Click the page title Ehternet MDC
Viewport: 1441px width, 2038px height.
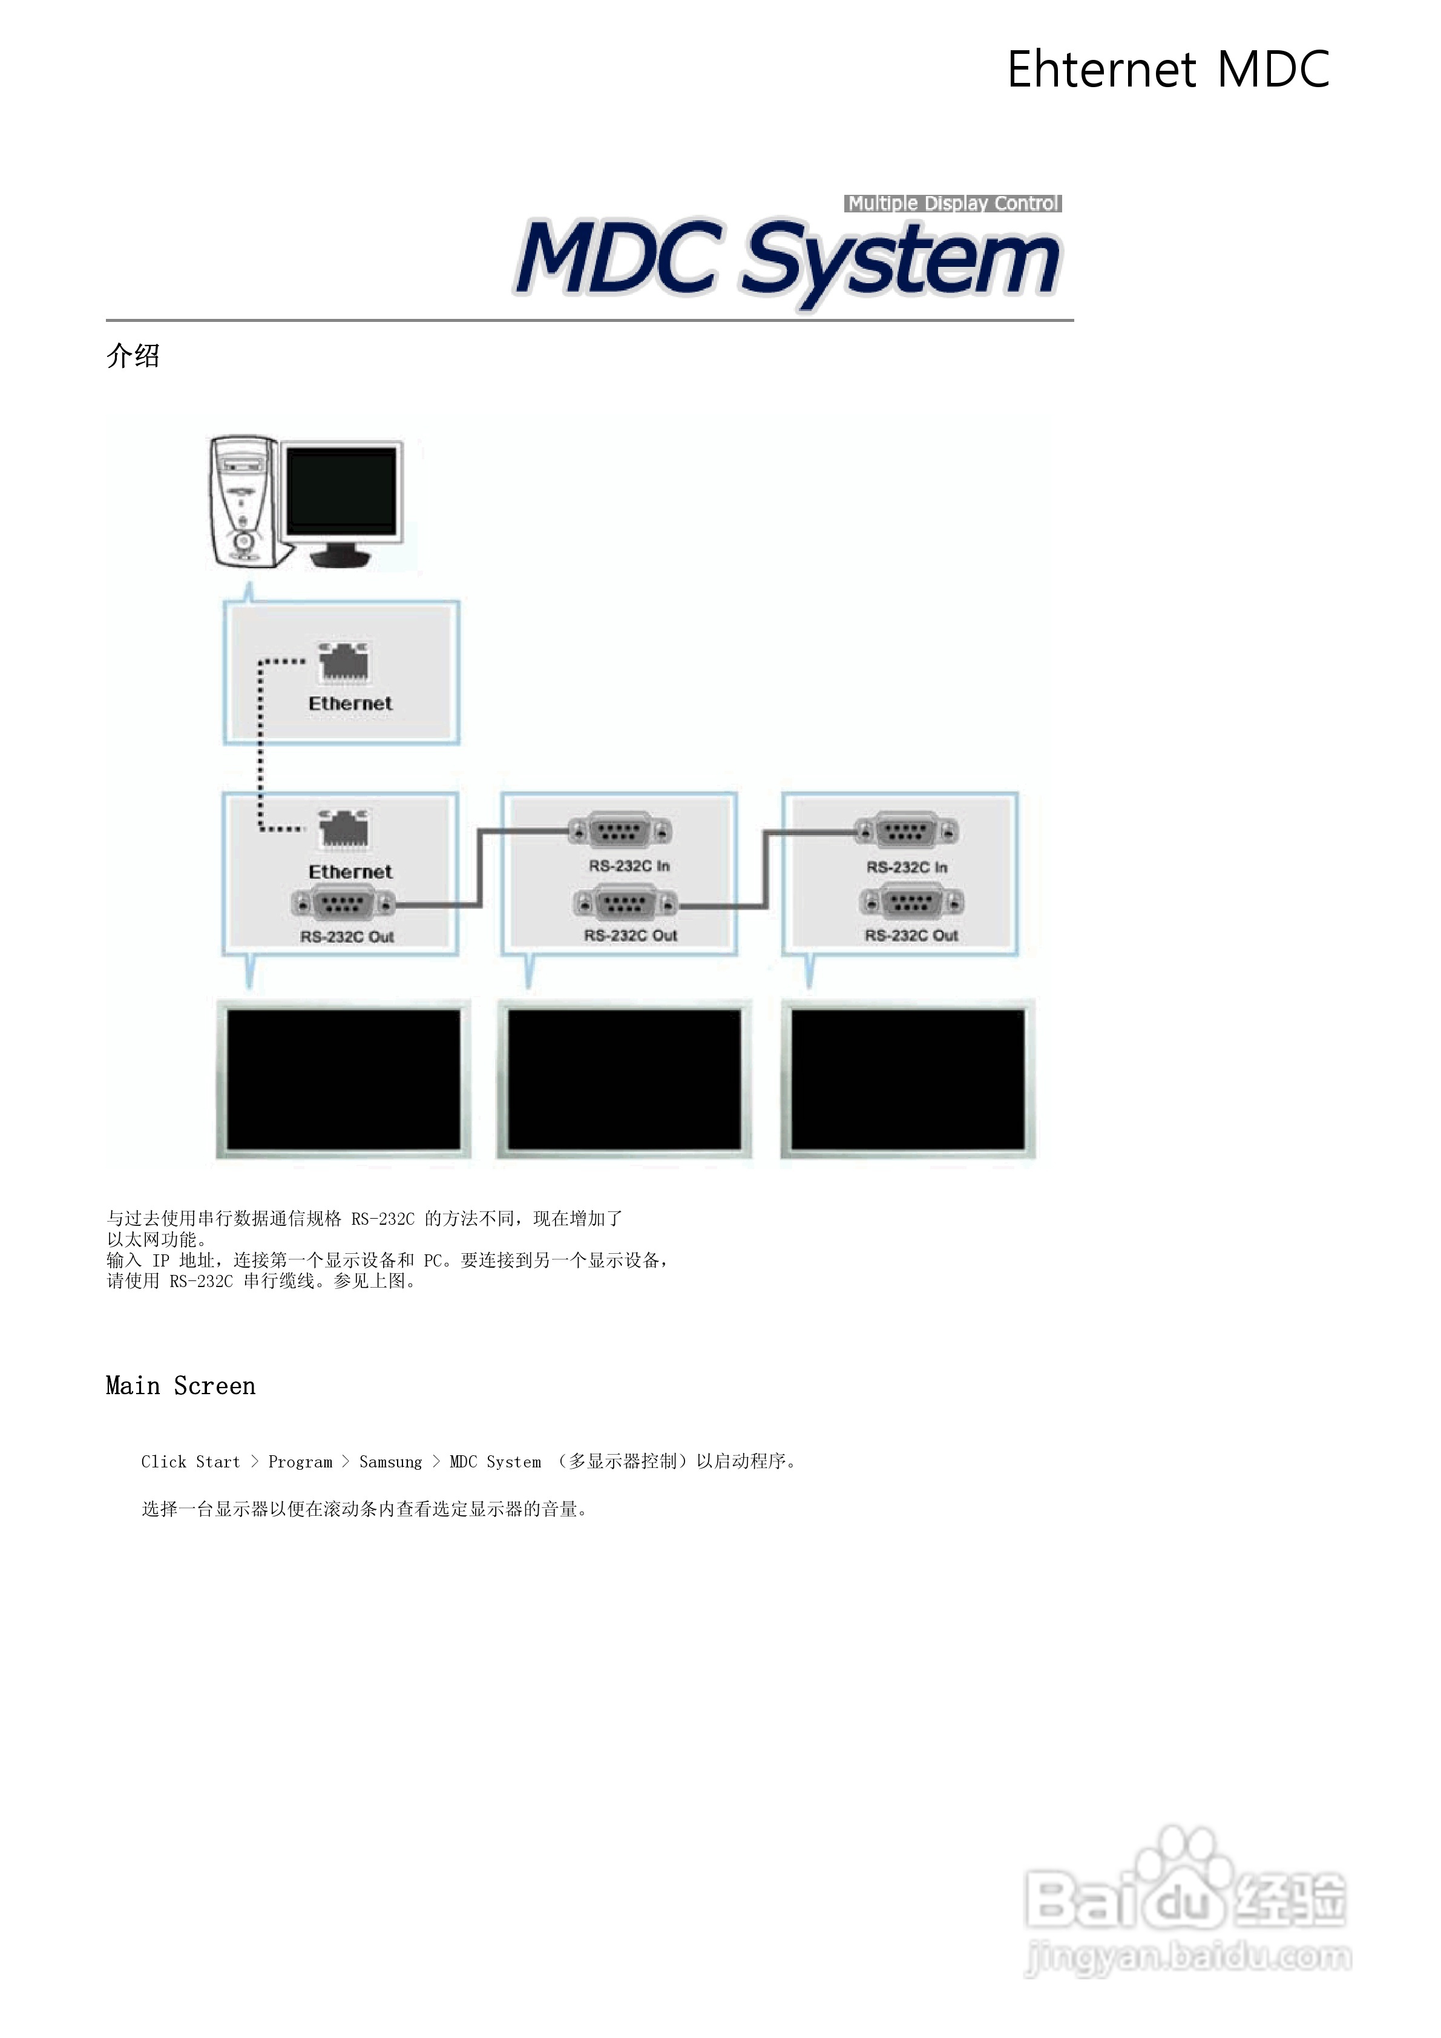[1167, 69]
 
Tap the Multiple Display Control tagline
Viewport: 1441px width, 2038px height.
[953, 203]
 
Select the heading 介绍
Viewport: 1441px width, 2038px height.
[133, 356]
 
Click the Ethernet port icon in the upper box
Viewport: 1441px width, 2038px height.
[344, 663]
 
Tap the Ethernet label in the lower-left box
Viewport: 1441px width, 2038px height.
[350, 871]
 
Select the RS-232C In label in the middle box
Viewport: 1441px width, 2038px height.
[629, 865]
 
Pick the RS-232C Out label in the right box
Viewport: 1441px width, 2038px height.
[911, 935]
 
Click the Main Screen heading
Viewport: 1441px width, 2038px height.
[180, 1386]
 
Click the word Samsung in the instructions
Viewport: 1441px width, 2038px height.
[390, 1462]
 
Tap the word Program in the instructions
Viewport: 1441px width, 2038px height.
[300, 1462]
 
